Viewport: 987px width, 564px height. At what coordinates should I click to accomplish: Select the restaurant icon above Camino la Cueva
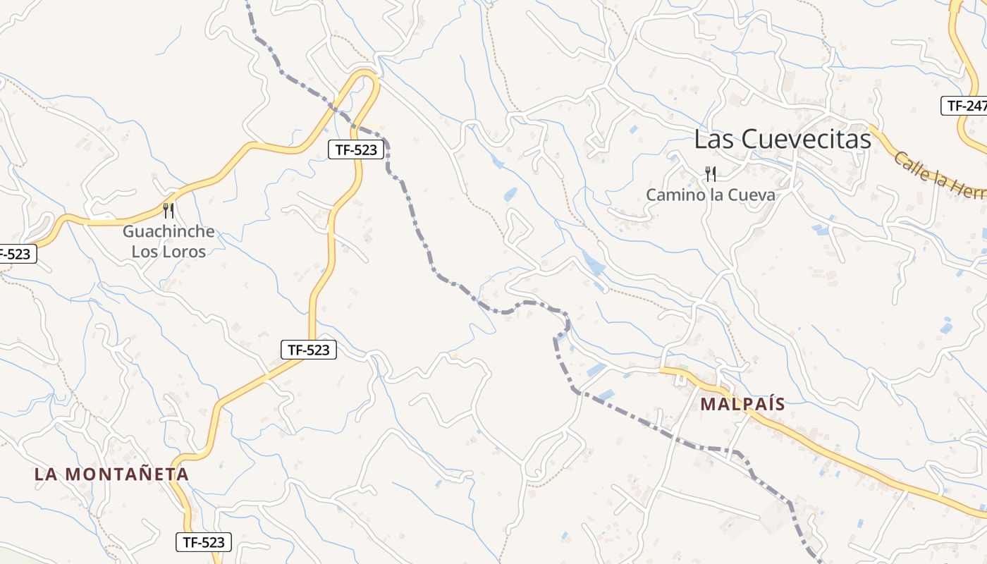point(711,174)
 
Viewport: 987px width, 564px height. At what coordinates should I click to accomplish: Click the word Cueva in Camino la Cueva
point(752,195)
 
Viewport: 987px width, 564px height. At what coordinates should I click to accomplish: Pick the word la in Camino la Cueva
point(718,195)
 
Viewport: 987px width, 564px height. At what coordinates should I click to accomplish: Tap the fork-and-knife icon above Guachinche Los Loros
point(168,211)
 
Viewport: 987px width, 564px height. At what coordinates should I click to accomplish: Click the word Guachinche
point(168,231)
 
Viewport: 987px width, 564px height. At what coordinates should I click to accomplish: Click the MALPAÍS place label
point(742,404)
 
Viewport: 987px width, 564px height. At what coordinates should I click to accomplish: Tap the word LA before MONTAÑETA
point(46,474)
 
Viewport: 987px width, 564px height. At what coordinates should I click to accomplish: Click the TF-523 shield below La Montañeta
point(203,541)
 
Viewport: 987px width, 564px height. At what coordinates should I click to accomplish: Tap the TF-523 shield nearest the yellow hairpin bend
point(357,149)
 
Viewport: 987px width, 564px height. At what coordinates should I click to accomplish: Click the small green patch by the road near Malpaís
point(682,368)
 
